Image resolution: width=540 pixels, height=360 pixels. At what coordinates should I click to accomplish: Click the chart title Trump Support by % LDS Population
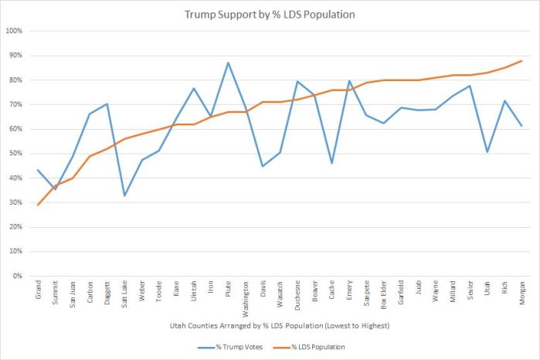(x=270, y=14)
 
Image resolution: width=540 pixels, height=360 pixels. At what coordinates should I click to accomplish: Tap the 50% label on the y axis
(x=15, y=154)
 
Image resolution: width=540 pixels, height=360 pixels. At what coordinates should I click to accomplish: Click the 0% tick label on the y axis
(x=17, y=276)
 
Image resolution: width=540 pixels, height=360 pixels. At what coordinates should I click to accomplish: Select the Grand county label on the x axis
(x=38, y=292)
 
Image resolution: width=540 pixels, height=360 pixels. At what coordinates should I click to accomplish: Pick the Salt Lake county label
(x=125, y=295)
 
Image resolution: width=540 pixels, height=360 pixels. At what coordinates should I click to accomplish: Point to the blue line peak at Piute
(x=229, y=63)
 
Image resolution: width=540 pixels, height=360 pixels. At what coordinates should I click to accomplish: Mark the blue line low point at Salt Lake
(x=125, y=195)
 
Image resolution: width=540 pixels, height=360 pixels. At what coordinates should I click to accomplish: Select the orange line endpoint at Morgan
(x=521, y=60)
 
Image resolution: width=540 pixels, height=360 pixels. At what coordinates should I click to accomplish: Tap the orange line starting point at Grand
(x=38, y=205)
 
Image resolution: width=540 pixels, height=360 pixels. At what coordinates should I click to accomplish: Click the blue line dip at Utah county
(x=487, y=151)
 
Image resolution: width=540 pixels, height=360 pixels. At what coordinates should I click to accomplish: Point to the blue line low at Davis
(x=263, y=166)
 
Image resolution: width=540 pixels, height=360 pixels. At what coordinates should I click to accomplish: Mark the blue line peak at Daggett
(x=107, y=104)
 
